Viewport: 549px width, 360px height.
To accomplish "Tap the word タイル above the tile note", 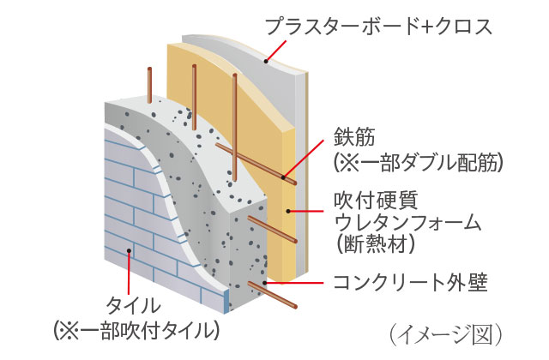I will click(132, 305).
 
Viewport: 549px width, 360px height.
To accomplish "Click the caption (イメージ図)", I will click(444, 331).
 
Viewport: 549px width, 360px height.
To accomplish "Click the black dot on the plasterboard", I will click(267, 61).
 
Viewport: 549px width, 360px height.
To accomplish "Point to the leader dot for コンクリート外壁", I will click(268, 284).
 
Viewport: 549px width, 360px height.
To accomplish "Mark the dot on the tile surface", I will click(129, 251).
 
